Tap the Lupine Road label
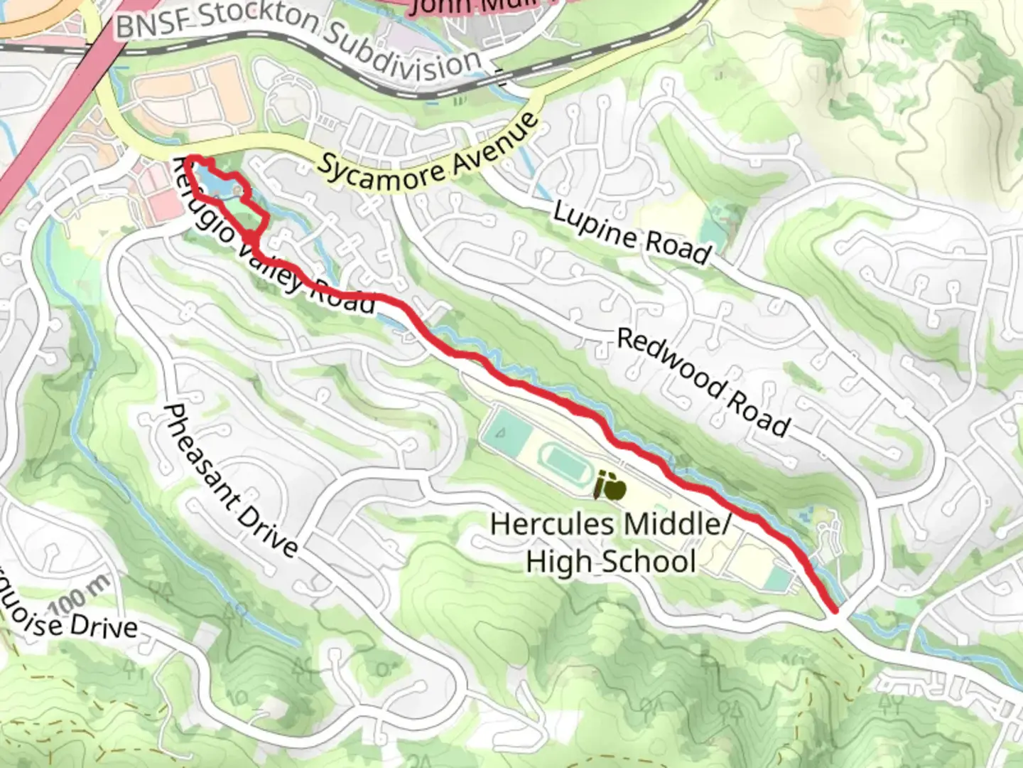(x=632, y=233)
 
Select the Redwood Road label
(x=703, y=381)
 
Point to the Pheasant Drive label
(x=230, y=481)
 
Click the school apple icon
(x=610, y=486)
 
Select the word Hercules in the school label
(x=551, y=525)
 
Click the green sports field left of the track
(x=506, y=430)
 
